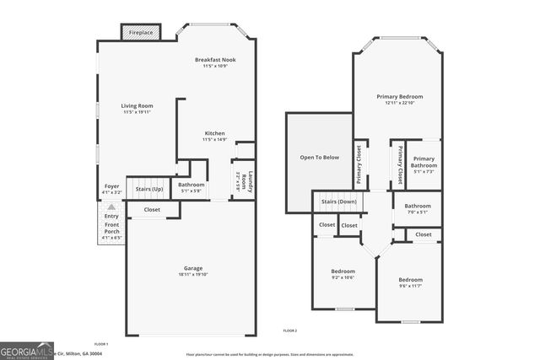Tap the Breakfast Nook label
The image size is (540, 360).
(x=214, y=60)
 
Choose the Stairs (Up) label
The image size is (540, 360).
(x=148, y=189)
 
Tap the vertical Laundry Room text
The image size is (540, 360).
(x=239, y=180)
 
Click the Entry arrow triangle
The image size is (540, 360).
(x=111, y=207)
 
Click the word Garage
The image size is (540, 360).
(x=193, y=268)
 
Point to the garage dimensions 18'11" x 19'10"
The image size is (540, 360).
(x=193, y=274)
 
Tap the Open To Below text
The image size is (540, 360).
(x=320, y=158)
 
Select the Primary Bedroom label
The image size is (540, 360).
(x=399, y=97)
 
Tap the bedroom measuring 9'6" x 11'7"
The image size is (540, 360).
(x=410, y=280)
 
